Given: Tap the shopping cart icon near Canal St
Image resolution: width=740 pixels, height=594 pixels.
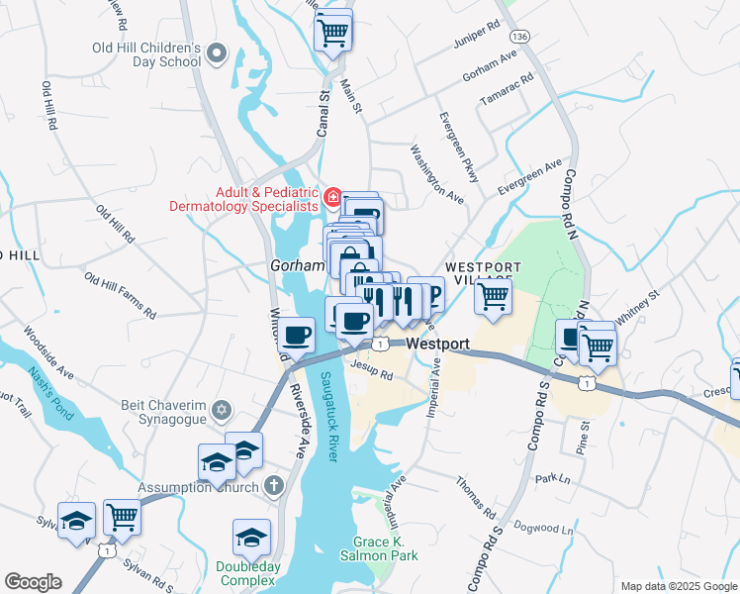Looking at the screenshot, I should (x=333, y=33).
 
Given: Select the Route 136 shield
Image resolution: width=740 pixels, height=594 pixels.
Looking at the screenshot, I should (x=519, y=37).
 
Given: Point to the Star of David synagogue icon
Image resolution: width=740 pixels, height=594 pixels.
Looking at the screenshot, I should (x=223, y=409).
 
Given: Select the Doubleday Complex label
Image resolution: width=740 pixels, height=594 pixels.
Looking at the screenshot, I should (x=247, y=571).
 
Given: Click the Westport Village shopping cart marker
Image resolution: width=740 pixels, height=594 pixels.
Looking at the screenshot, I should (x=493, y=295).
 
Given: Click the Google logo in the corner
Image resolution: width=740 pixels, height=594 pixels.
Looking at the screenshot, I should (x=33, y=581).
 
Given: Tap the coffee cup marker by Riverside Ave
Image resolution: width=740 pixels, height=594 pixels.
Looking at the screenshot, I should (x=296, y=337).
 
